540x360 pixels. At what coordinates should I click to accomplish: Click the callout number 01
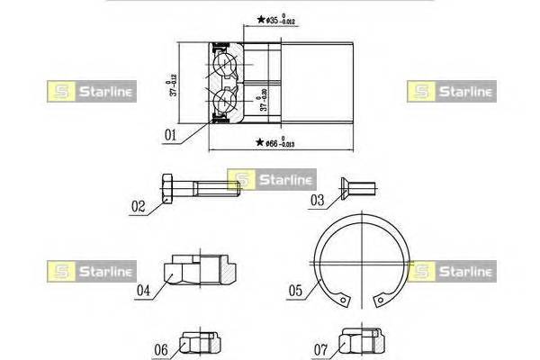click(x=170, y=138)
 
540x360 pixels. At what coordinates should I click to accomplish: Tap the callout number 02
click(x=138, y=206)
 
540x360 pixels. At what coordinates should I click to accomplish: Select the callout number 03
click(x=317, y=200)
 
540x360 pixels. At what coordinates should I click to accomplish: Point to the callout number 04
click(x=143, y=290)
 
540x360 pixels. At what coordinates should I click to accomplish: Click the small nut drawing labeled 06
click(x=200, y=344)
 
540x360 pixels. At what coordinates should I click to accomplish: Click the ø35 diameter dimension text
click(x=290, y=18)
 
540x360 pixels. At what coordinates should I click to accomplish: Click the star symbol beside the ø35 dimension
click(x=261, y=19)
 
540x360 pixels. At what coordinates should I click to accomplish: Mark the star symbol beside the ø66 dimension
click(x=259, y=142)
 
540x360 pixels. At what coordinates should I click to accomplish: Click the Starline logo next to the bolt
click(x=270, y=180)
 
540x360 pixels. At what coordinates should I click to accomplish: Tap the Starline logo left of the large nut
click(x=89, y=270)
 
